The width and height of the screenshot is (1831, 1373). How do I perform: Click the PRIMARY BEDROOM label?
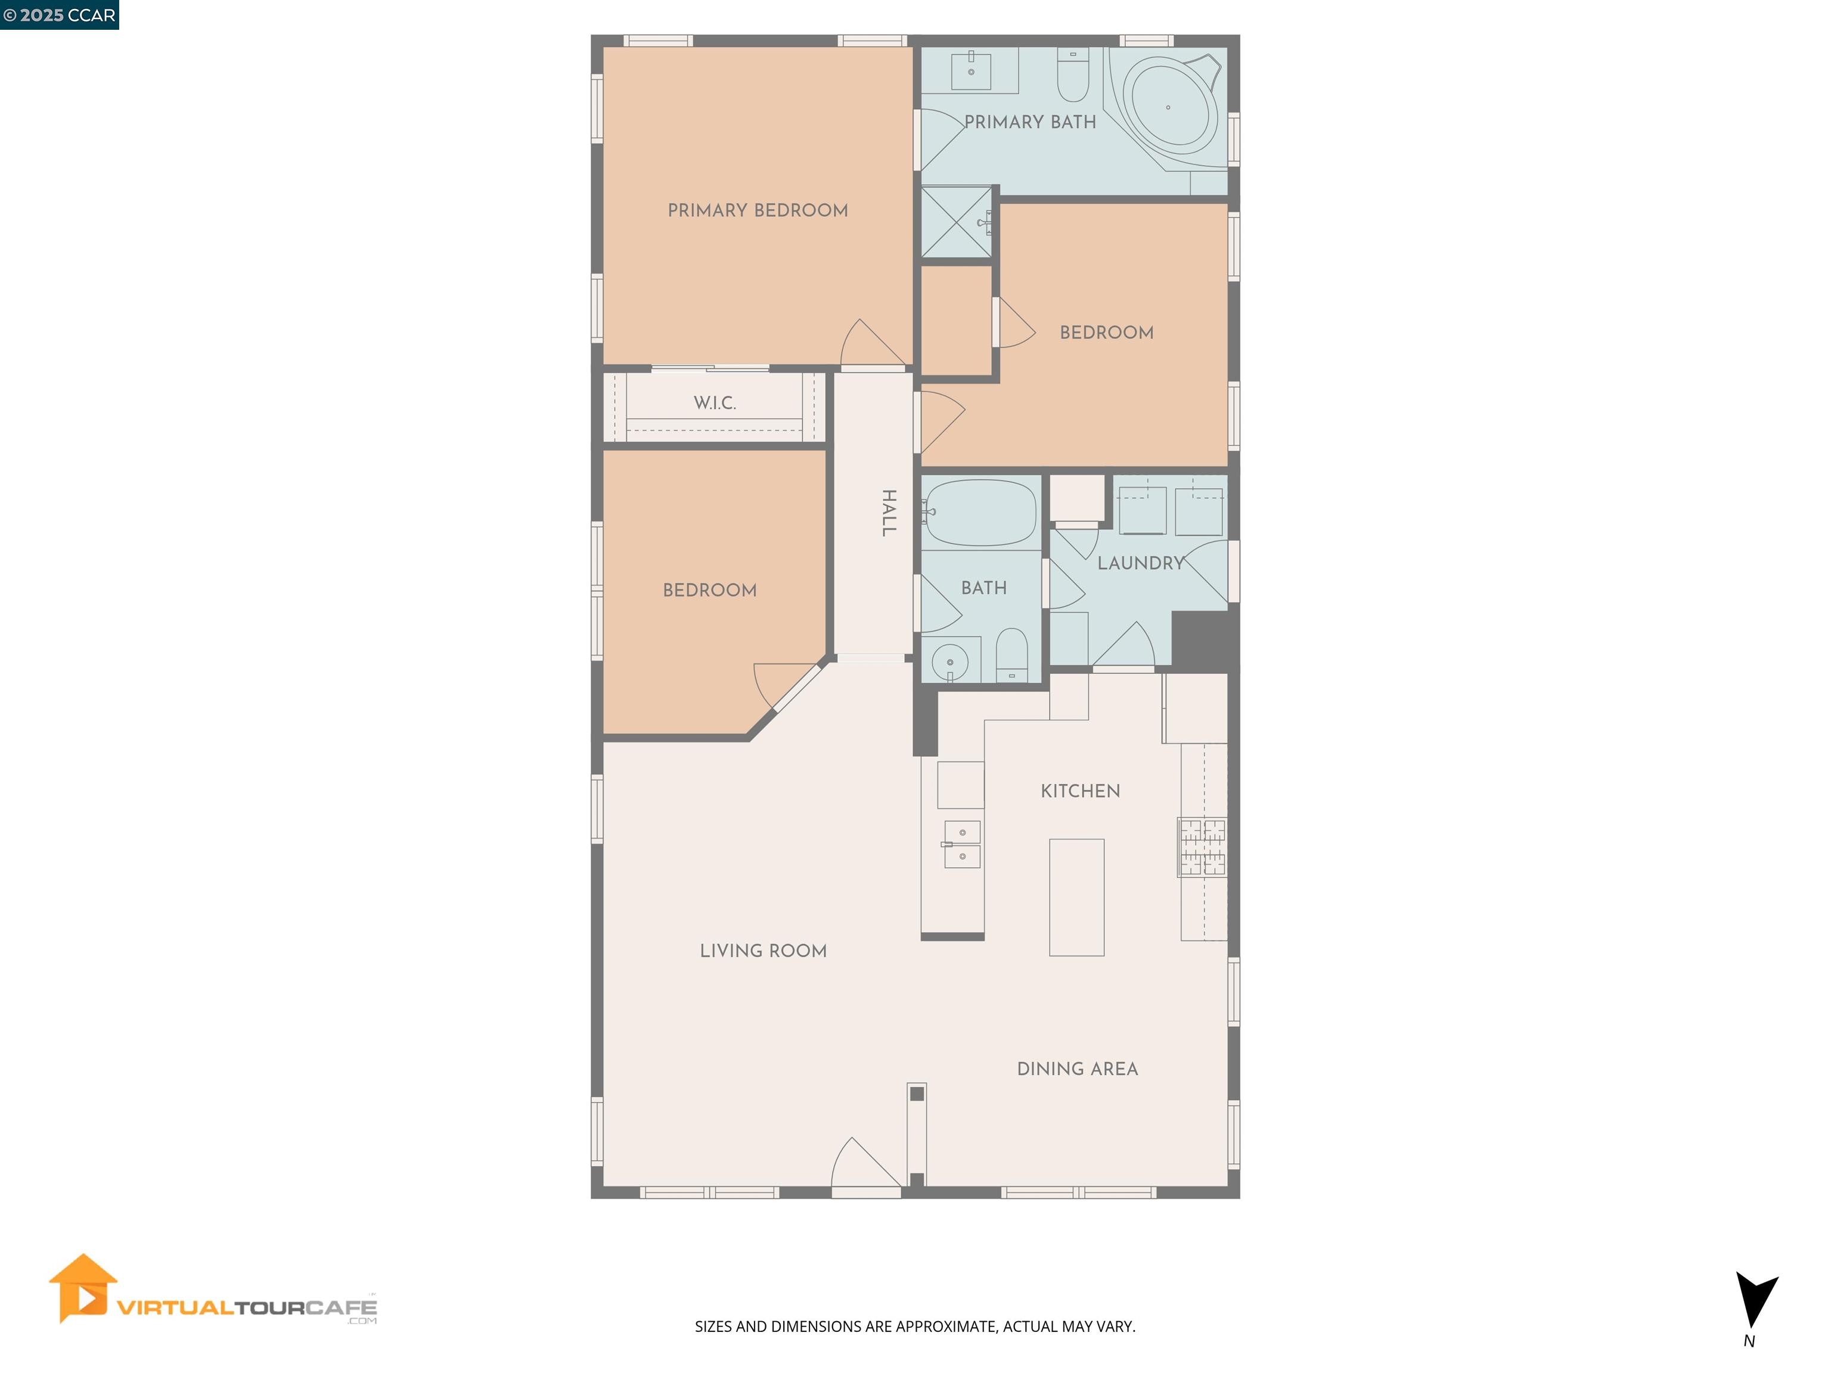pos(758,210)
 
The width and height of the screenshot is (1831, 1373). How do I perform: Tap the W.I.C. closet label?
pos(715,403)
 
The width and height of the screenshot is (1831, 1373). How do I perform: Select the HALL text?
pos(888,513)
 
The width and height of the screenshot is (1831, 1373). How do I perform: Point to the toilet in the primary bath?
pos(1073,75)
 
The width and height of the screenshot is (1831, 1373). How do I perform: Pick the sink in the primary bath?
pos(971,70)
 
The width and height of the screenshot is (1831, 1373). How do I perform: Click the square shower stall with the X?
pos(956,222)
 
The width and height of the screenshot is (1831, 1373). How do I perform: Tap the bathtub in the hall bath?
pos(982,512)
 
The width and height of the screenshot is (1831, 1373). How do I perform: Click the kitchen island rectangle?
pos(1076,897)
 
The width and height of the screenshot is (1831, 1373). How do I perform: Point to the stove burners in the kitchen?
pos(1203,847)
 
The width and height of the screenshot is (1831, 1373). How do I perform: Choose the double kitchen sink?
pos(962,844)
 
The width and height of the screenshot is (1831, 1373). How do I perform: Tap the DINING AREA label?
pos(1077,1069)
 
